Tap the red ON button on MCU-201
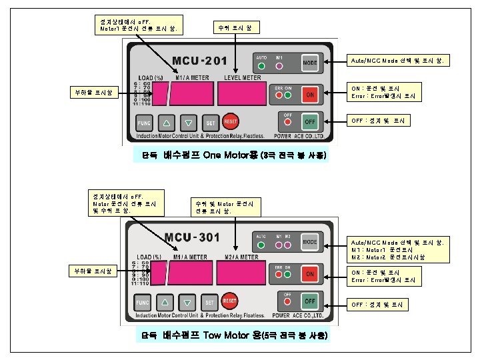tap(310, 95)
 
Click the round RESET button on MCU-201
tap(231, 122)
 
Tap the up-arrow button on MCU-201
tap(167, 123)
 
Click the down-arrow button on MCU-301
tap(187, 301)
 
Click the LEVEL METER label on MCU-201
tap(242, 78)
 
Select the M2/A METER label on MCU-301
tap(241, 257)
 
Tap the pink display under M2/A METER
tap(241, 273)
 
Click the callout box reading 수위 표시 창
tap(231, 28)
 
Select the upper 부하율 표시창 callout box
tap(96, 93)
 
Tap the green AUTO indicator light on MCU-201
tap(261, 66)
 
